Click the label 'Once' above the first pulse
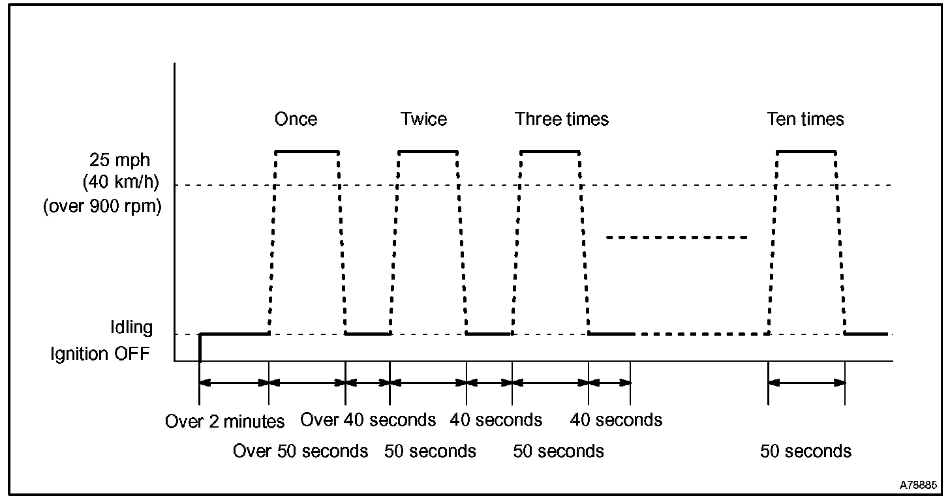coord(296,119)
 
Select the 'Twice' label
coord(424,119)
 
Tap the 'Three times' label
coord(562,119)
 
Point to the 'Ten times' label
coord(805,119)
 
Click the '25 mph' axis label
coord(124,160)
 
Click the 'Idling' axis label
coord(131,327)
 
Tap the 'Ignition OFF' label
coord(100,354)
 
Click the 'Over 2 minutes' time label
coord(225,422)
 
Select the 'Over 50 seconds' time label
coord(301,451)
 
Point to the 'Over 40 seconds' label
coord(368,420)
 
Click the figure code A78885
coord(918,486)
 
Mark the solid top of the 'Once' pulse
coord(307,152)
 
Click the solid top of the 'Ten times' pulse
coord(806,152)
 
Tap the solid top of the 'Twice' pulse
coord(428,152)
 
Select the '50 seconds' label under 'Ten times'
coord(806,451)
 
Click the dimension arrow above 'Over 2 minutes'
coord(234,383)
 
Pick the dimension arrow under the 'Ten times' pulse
coord(807,383)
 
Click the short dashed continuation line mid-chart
coord(677,237)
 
